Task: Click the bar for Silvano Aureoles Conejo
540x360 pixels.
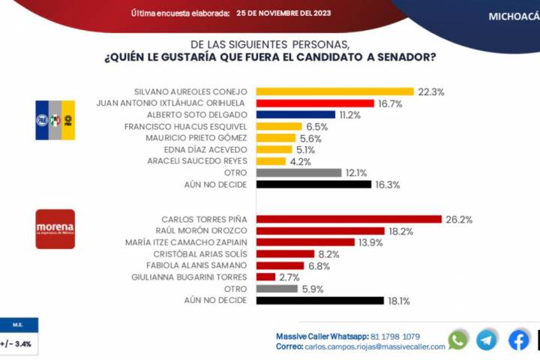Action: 335,92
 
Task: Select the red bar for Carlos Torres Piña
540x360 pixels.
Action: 349,219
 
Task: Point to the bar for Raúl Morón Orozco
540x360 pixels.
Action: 320,231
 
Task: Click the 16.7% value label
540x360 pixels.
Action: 390,104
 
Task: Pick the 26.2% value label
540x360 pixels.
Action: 458,220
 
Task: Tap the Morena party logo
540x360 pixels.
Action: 55,229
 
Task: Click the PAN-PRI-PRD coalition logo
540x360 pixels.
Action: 55,120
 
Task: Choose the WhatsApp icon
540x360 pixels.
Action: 457,340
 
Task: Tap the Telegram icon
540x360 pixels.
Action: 487,340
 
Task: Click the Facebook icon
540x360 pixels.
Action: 519,340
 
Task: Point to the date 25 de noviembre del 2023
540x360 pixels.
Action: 283,13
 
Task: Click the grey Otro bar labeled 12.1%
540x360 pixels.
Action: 299,172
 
